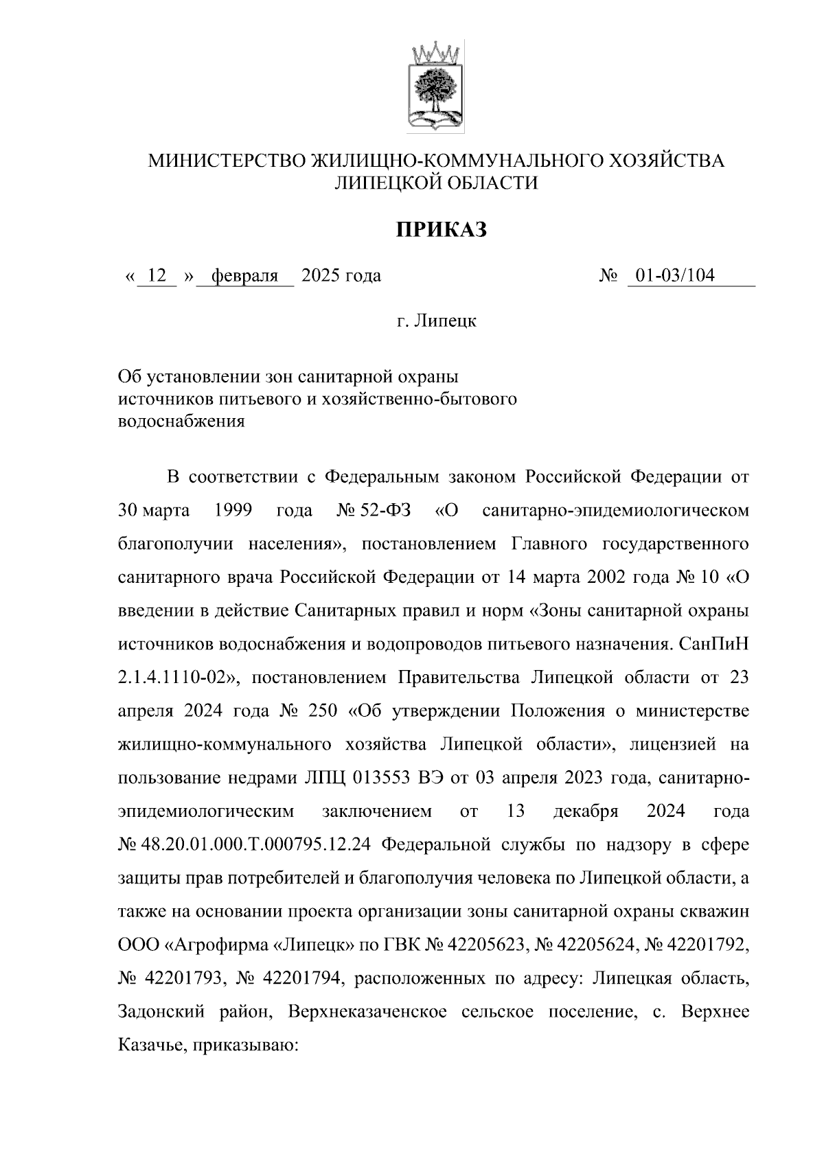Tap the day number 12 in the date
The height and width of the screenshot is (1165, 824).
157,276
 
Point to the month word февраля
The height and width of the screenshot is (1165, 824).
245,276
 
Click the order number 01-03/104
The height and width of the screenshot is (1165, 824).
675,276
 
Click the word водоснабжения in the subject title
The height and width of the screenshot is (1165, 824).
182,422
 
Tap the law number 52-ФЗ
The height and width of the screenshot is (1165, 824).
385,511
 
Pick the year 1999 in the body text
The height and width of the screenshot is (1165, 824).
233,511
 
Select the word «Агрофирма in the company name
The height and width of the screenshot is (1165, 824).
217,945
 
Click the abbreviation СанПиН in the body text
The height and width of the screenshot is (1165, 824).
713,645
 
